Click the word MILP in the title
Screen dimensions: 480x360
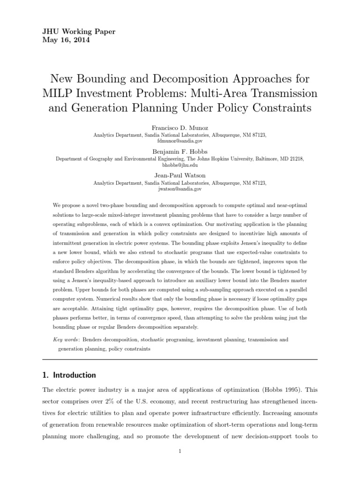click(x=61, y=93)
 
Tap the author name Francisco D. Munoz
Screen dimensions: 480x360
click(x=180, y=127)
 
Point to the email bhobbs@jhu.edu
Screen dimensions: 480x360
click(x=180, y=165)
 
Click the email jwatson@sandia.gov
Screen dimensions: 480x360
click(x=180, y=189)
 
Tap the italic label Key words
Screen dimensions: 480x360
click(x=67, y=339)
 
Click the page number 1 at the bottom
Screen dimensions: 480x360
click(x=180, y=451)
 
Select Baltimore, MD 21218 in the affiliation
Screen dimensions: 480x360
click(x=276, y=159)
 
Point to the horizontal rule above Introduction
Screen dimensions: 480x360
click(x=180, y=360)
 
